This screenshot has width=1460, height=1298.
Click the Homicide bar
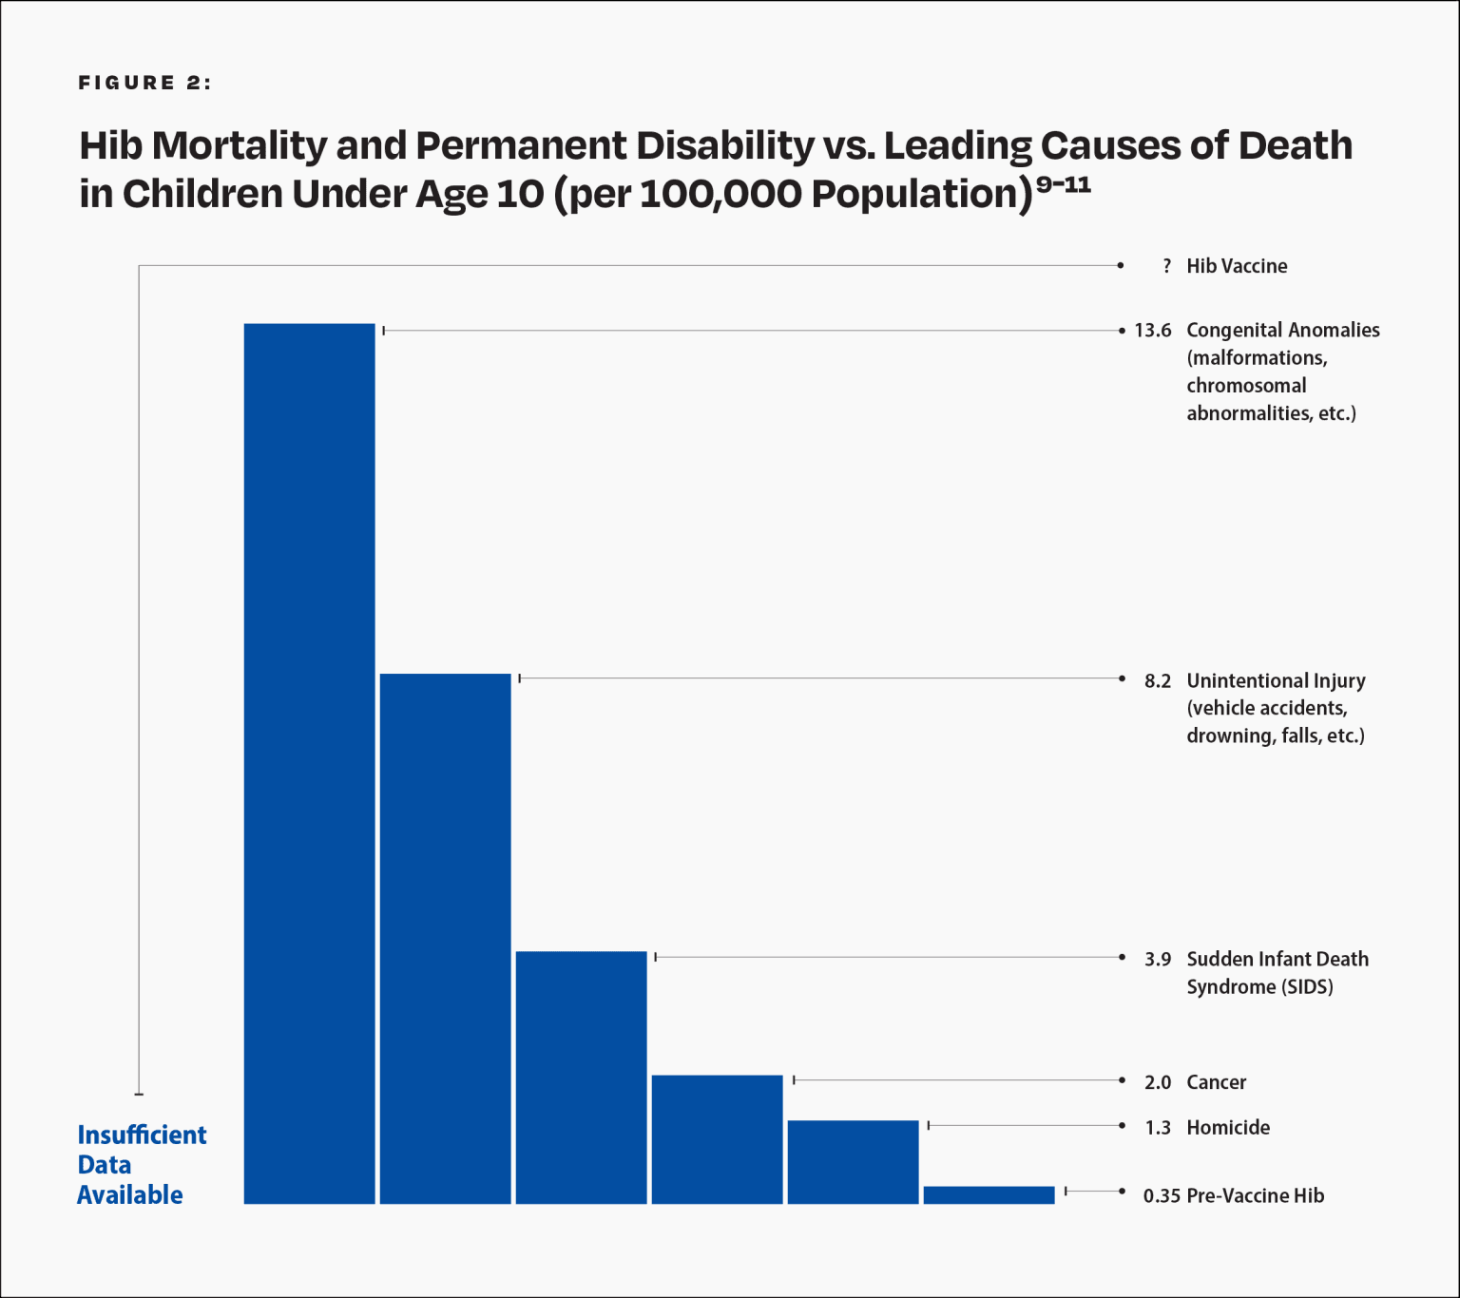(853, 1161)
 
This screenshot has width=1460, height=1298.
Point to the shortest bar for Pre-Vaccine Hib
(989, 1195)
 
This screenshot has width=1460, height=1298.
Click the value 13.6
(1152, 331)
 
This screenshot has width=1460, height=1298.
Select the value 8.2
(1157, 681)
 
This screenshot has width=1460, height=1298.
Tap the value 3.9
(1157, 960)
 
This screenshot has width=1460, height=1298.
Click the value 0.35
(1161, 1196)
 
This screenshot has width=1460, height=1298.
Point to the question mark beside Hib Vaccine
(1166, 267)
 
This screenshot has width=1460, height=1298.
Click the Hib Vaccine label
(1237, 267)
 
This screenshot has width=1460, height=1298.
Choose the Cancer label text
(1216, 1082)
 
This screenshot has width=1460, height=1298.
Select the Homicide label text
(1227, 1128)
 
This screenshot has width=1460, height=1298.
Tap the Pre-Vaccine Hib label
(1255, 1196)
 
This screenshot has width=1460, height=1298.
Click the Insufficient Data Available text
(141, 1165)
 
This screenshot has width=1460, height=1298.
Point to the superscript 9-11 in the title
(1063, 184)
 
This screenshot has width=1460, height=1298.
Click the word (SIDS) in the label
(1307, 987)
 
